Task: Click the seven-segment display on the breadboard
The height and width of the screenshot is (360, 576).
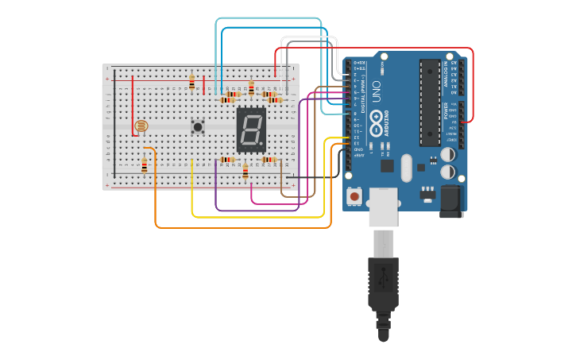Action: [251, 130]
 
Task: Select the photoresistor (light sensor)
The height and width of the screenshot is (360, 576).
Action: [141, 126]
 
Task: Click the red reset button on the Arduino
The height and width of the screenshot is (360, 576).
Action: [354, 195]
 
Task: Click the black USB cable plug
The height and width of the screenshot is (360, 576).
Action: [383, 282]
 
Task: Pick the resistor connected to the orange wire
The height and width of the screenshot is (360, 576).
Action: [144, 165]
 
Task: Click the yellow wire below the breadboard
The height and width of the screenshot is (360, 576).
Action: [254, 217]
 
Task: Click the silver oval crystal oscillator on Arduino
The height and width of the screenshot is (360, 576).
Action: [407, 167]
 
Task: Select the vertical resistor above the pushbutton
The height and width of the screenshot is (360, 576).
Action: [191, 82]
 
